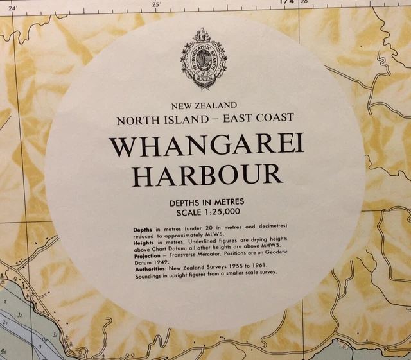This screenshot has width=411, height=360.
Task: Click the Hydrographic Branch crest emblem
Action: click(x=204, y=58)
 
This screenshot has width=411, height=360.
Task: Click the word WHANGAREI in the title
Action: click(x=206, y=146)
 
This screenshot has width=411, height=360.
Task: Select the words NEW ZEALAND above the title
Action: click(x=205, y=105)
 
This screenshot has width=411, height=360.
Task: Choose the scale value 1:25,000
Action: click(x=221, y=210)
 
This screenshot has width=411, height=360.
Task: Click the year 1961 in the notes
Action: click(x=258, y=266)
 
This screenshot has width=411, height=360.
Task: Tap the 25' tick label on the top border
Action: click(x=156, y=4)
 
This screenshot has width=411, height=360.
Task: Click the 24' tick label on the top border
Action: click(x=12, y=7)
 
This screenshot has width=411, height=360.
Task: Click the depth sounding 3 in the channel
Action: click(x=39, y=346)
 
